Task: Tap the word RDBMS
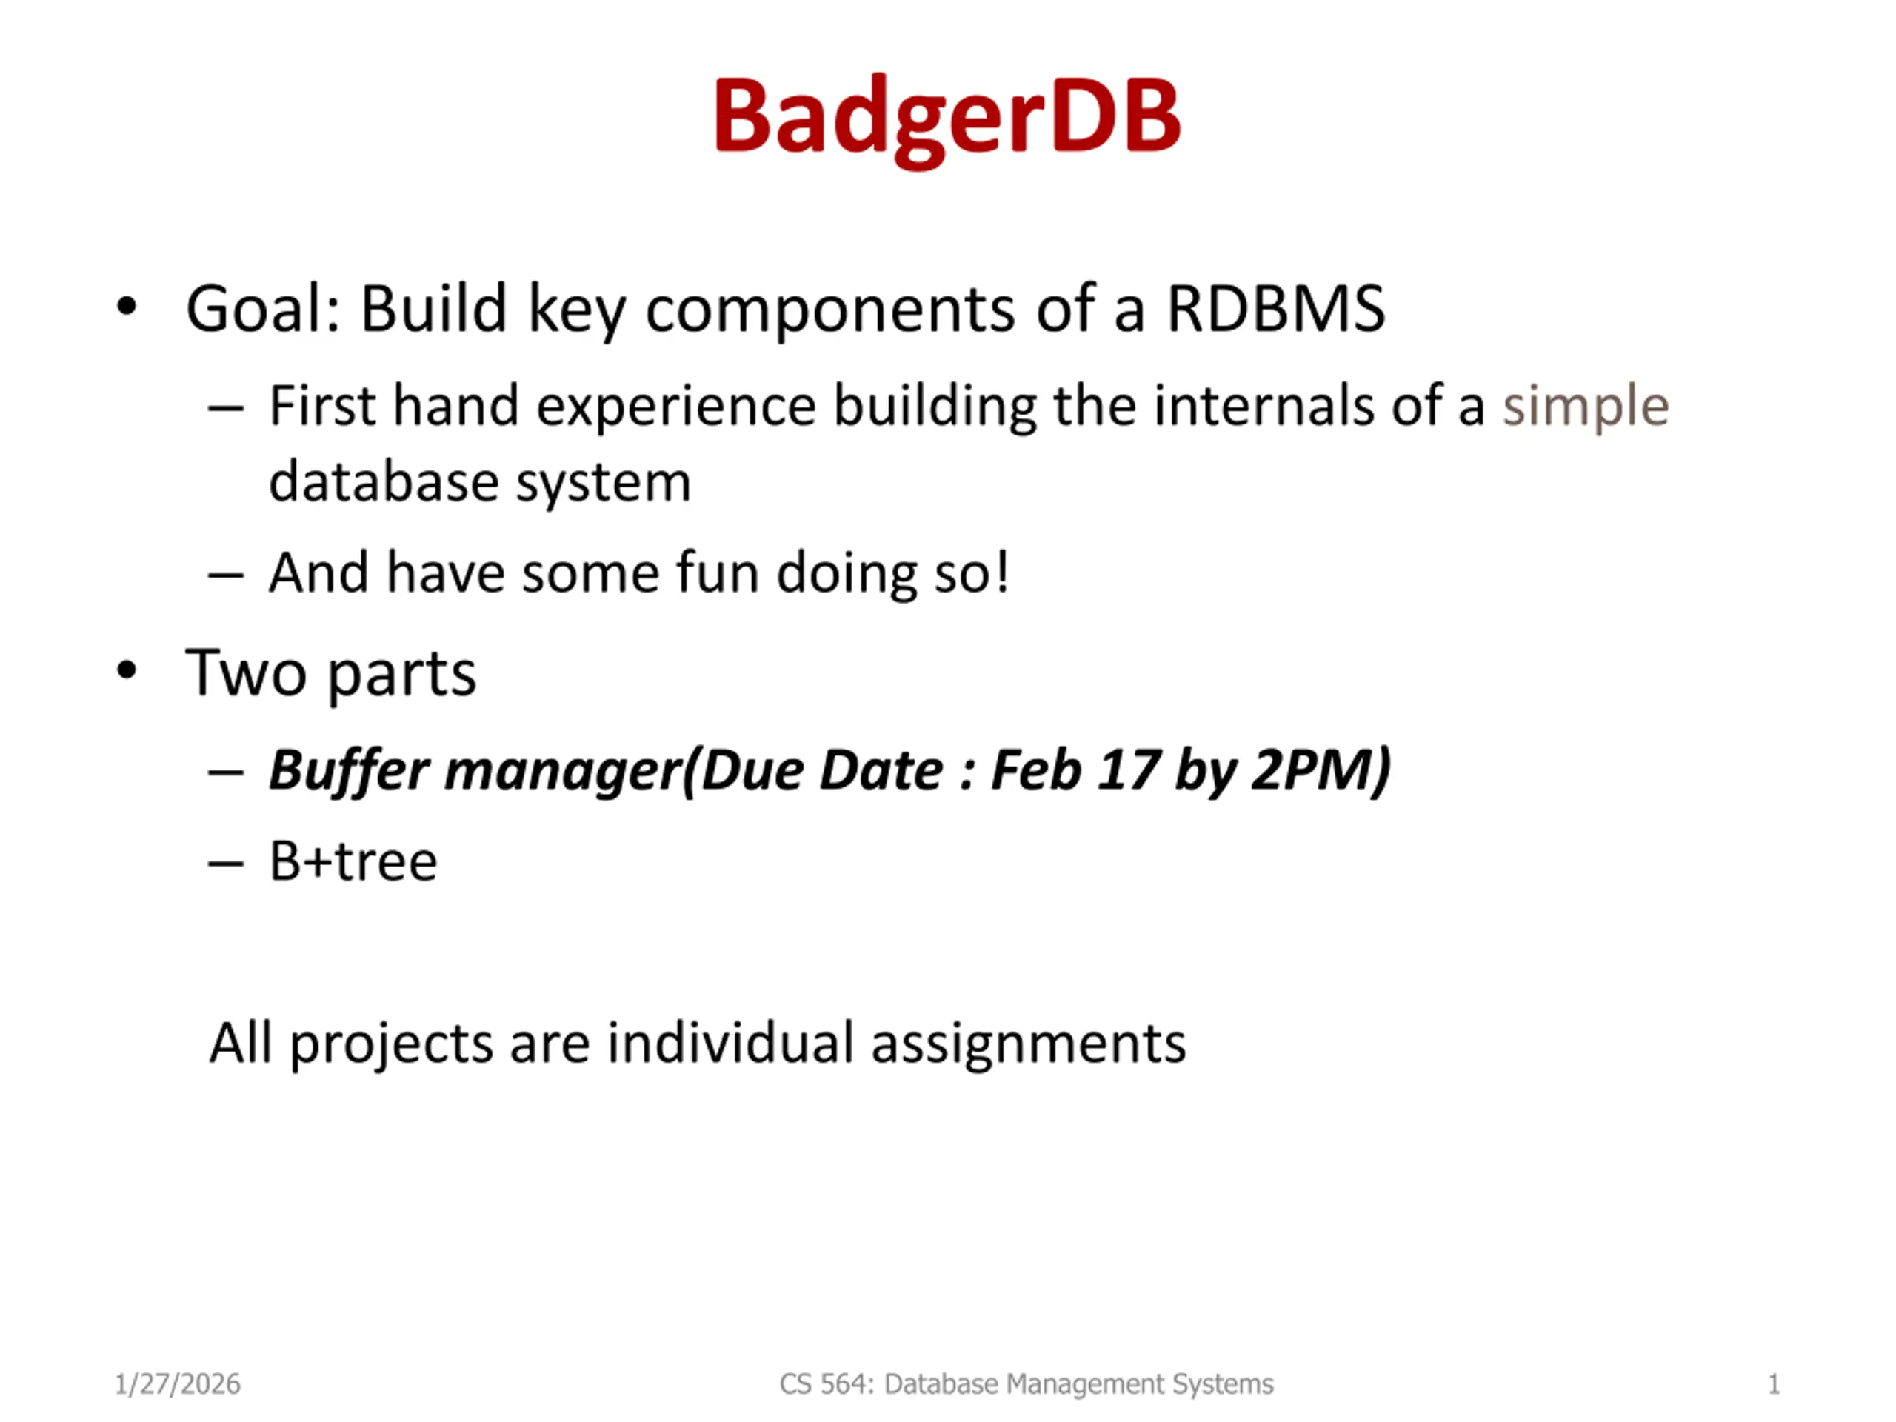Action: [1276, 309]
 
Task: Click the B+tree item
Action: [353, 861]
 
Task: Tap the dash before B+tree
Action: [225, 864]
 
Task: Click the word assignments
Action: [1029, 1045]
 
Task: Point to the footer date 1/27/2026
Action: [178, 1384]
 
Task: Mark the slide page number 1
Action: [1774, 1384]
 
